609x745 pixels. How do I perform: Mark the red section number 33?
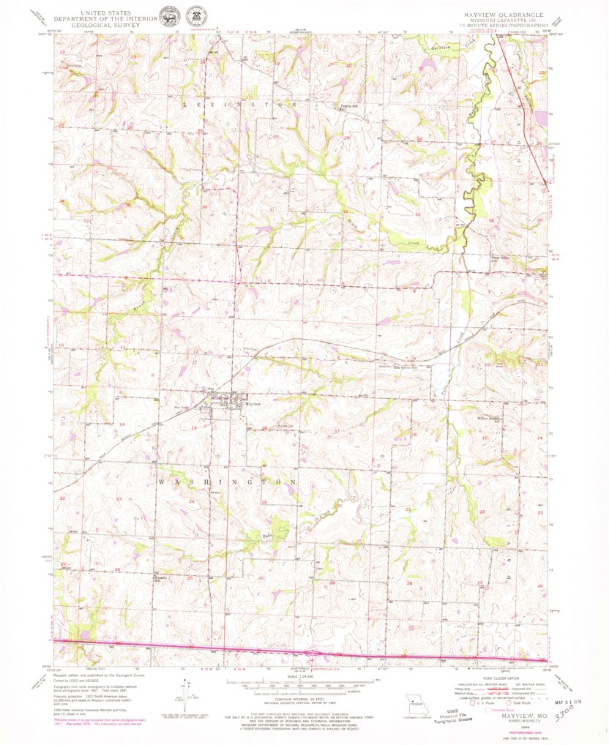tap(418, 214)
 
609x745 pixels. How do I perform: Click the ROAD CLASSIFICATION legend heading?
tap(502, 678)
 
